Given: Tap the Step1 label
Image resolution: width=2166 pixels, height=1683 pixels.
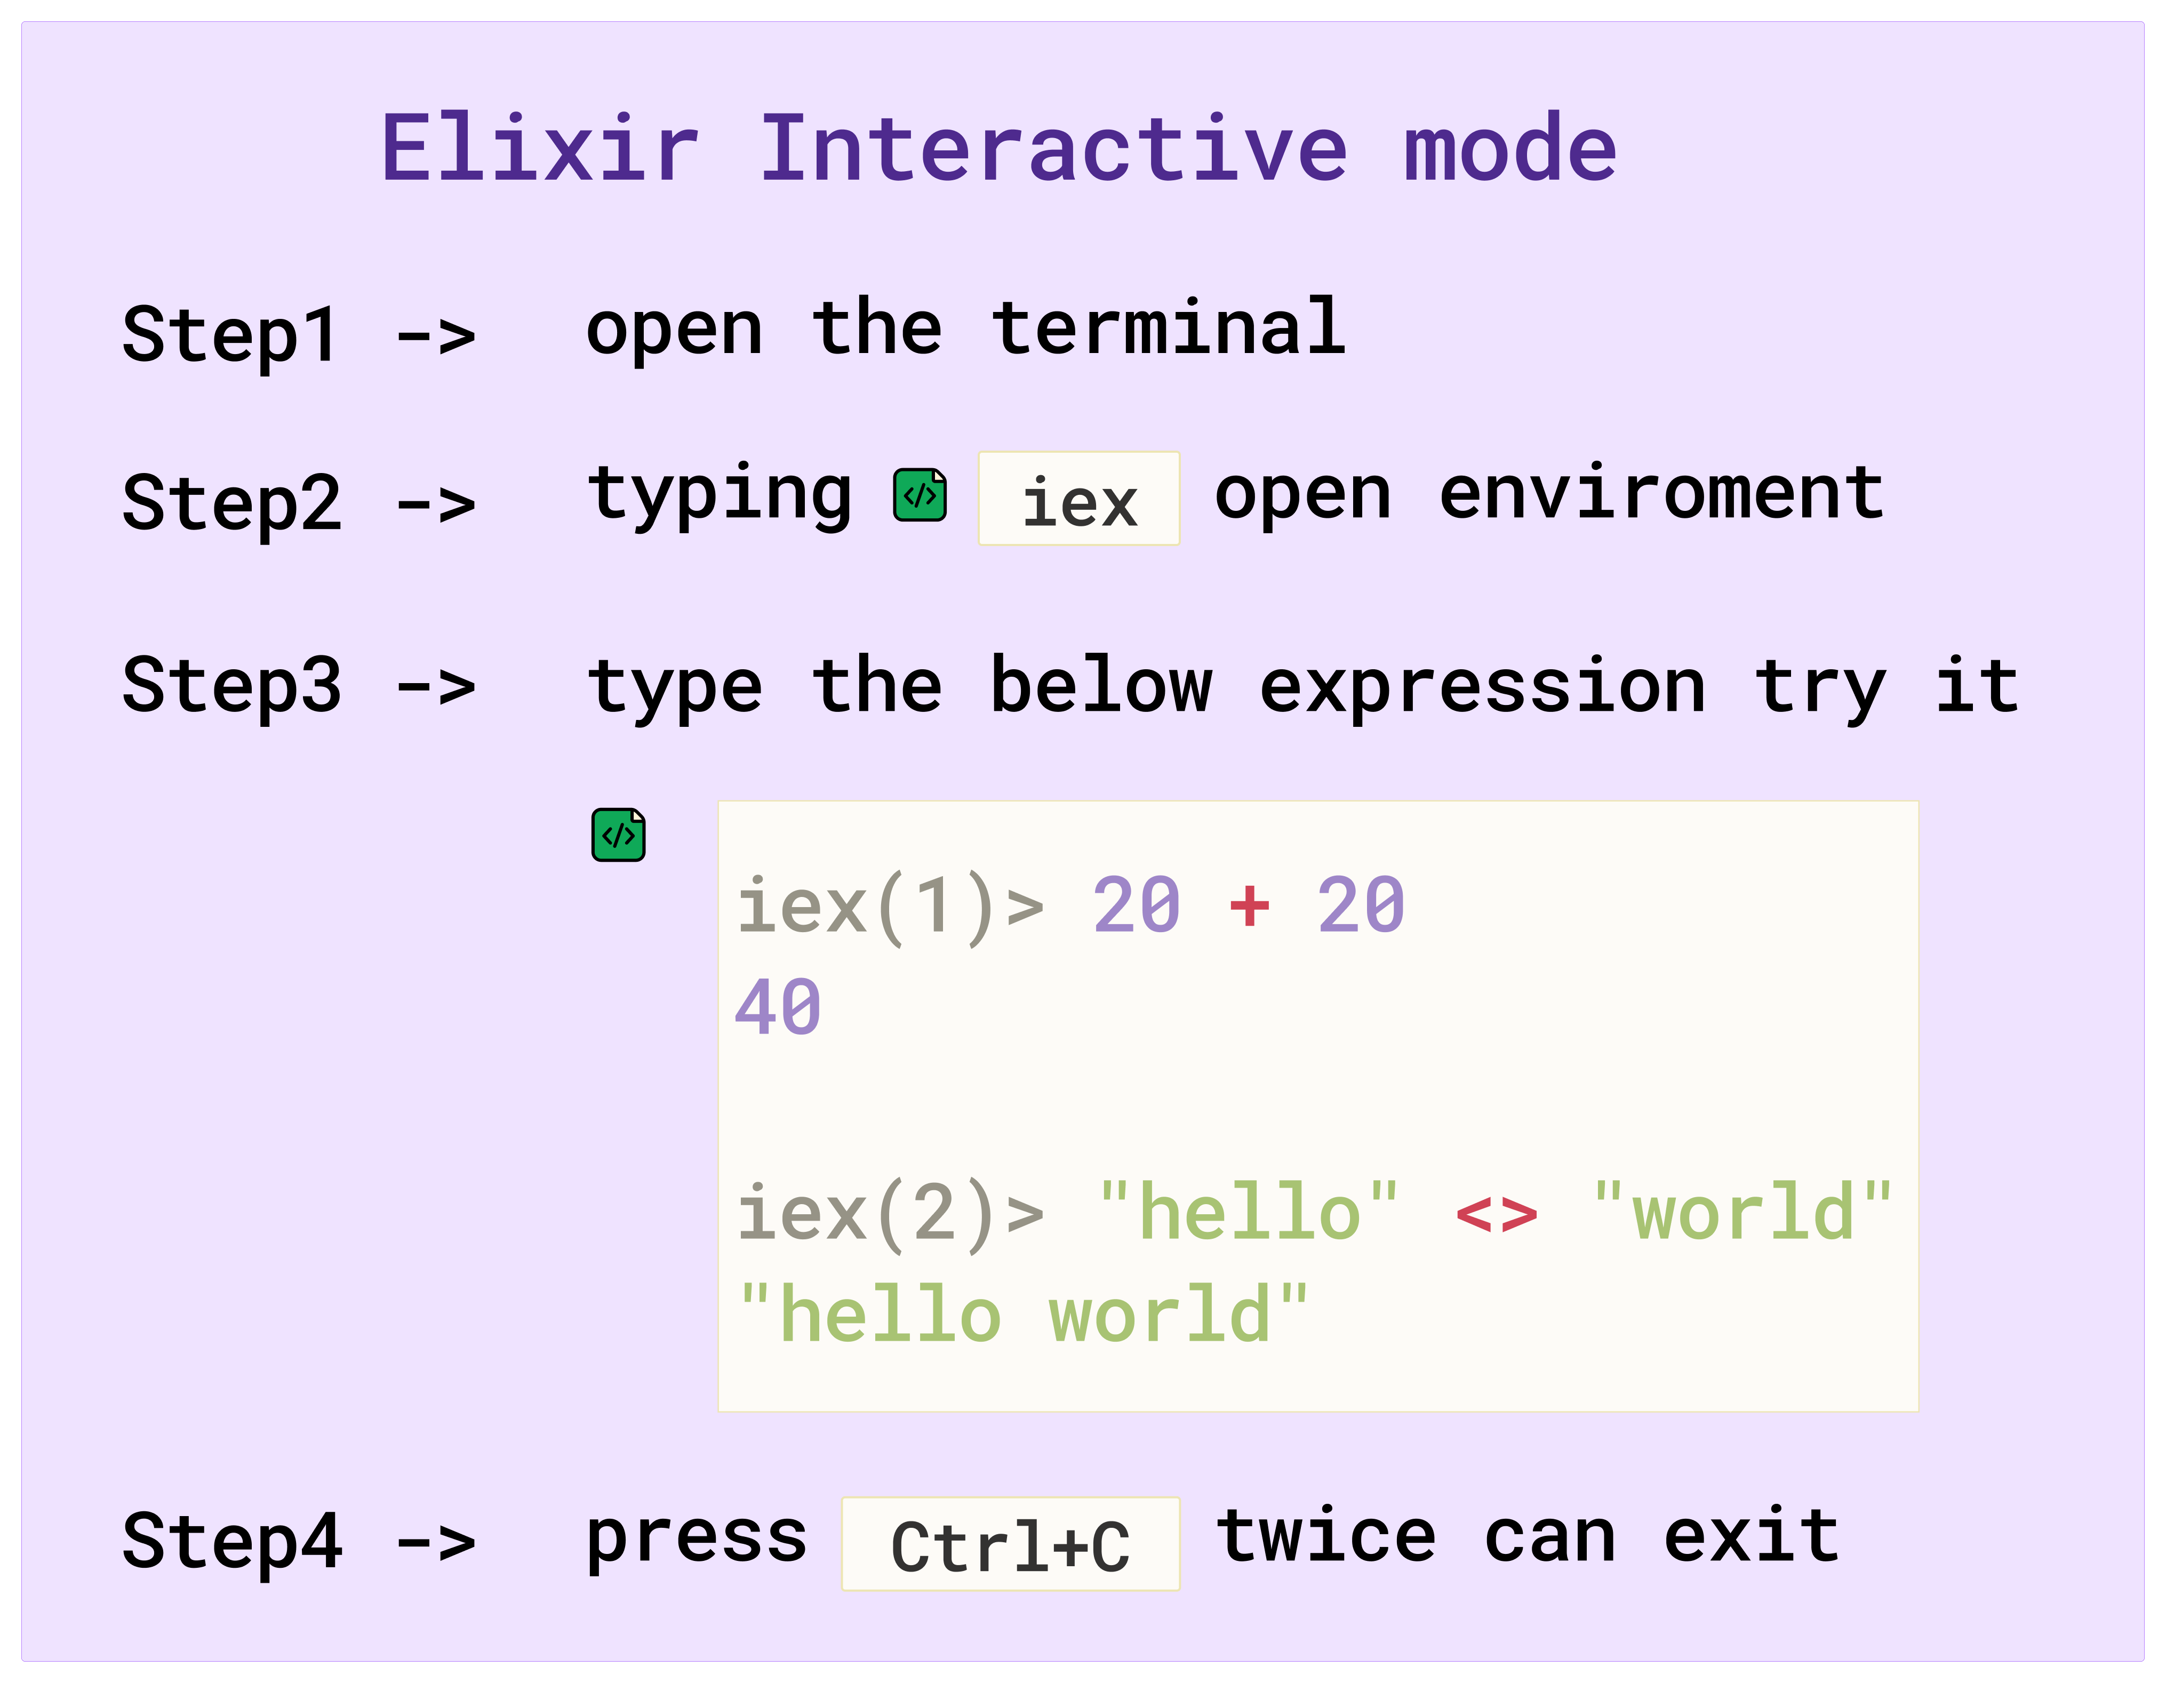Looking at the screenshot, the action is pyautogui.click(x=230, y=335).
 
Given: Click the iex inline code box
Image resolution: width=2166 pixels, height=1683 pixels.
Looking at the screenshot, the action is pyautogui.click(x=1079, y=499).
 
